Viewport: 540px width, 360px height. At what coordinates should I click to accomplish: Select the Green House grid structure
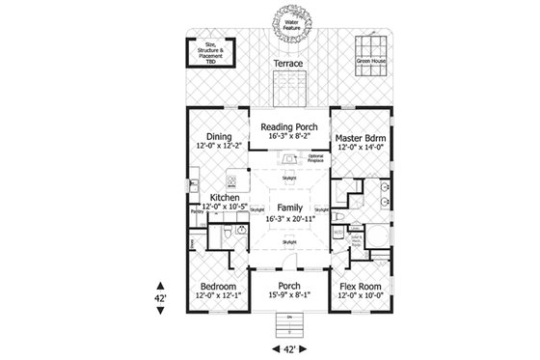pos(371,49)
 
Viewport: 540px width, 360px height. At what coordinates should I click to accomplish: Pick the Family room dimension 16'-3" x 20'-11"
pos(286,218)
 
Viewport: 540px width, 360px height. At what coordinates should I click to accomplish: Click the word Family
pos(286,208)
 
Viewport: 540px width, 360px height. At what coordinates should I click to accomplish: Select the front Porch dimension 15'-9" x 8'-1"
pos(287,296)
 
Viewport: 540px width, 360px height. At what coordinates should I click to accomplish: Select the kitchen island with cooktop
pos(231,180)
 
